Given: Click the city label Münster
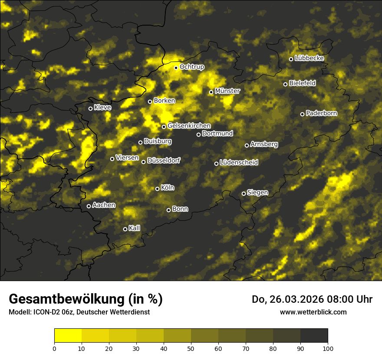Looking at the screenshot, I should point(227,91).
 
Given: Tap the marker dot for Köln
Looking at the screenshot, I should point(157,189).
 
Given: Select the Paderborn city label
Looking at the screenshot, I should point(322,113).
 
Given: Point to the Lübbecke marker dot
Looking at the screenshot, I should point(291,59).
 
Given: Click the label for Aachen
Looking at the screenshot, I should point(104,205).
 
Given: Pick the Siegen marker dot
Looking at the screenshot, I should point(244,193).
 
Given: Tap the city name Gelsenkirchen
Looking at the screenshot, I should point(189,126).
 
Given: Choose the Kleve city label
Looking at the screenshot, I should point(103,108).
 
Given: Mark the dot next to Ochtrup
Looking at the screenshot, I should point(176,68).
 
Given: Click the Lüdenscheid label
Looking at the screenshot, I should point(239,163).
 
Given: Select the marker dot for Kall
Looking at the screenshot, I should point(125,229).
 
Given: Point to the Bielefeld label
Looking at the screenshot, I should point(302,83).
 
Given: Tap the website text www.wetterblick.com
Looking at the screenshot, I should point(313,312).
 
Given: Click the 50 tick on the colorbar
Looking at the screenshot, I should point(191,348).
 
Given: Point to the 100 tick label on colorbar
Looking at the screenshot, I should point(328,348).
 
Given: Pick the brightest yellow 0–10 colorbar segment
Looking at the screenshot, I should point(68,336).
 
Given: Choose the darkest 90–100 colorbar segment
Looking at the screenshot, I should point(314,336).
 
